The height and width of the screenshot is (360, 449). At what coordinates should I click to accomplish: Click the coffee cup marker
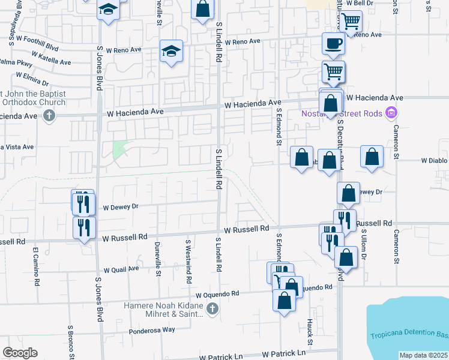point(333,44)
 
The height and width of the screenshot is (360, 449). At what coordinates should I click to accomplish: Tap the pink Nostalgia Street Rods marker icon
point(392,112)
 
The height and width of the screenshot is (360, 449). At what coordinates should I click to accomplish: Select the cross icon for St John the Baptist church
point(50,116)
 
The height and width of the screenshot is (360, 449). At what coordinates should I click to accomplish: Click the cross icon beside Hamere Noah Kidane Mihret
point(211,310)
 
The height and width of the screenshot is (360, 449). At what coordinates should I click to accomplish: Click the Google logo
point(20,353)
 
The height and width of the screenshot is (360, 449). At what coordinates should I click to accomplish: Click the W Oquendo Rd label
point(217,294)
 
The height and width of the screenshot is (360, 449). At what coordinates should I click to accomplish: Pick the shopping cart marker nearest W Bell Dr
point(351,21)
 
